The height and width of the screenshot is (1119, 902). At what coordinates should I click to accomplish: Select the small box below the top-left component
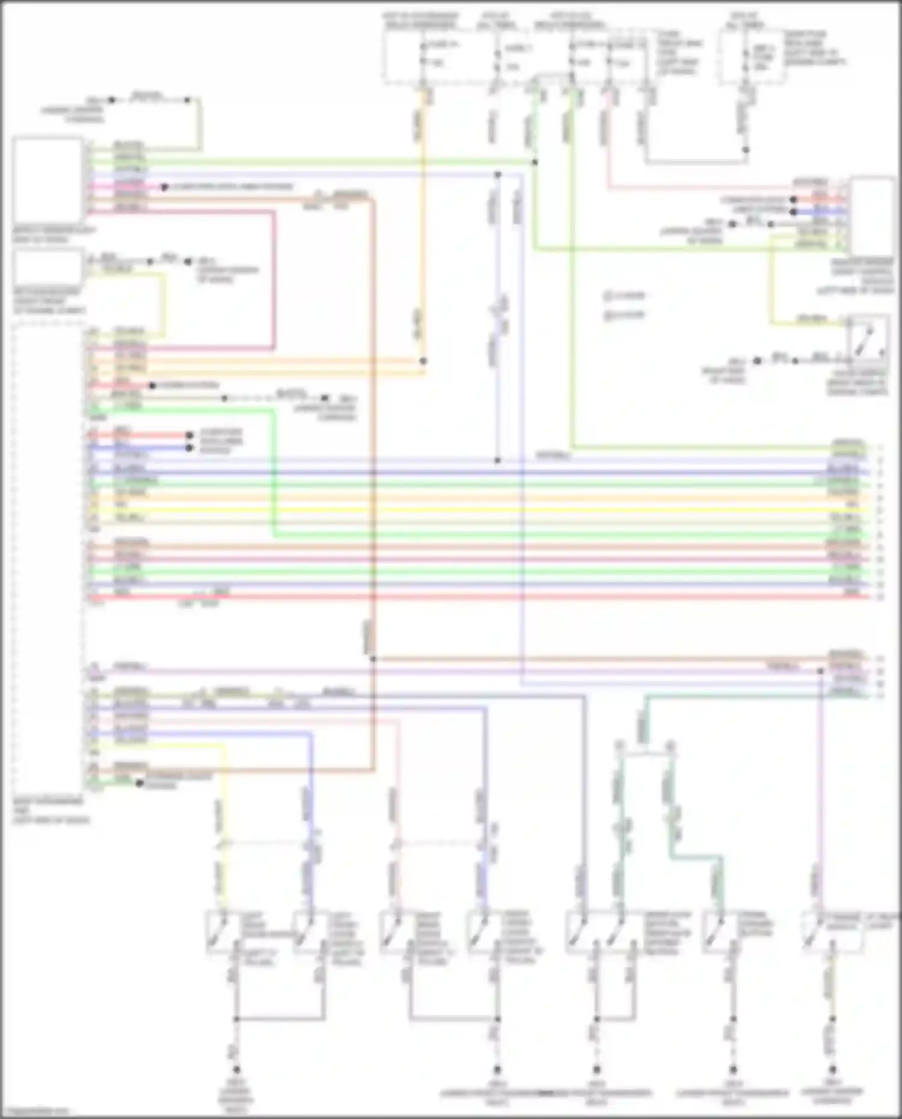tap(48, 268)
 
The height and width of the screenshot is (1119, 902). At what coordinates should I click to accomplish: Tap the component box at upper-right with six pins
tap(873, 216)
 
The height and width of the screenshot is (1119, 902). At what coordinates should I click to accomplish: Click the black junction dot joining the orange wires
tap(423, 361)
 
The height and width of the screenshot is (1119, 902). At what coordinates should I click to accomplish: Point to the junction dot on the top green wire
tap(535, 162)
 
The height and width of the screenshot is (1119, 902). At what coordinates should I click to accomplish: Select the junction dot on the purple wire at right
tap(820, 670)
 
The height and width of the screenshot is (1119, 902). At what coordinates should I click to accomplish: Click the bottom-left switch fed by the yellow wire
tap(224, 933)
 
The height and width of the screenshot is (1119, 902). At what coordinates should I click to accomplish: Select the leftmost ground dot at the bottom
tap(236, 1070)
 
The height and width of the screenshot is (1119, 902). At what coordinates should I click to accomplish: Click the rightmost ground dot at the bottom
tap(833, 1070)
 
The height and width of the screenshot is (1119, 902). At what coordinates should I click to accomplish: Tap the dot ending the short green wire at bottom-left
tap(140, 783)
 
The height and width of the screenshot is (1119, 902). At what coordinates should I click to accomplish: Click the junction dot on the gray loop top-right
tap(746, 150)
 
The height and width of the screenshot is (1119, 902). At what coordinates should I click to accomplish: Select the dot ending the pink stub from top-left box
tap(164, 188)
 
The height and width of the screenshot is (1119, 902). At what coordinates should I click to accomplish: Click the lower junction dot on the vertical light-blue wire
tap(498, 461)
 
